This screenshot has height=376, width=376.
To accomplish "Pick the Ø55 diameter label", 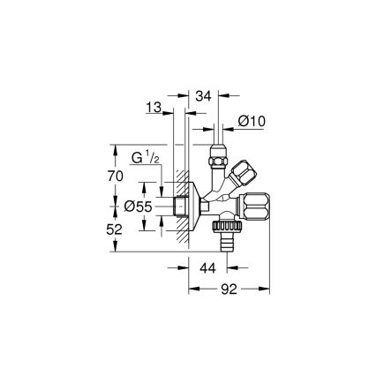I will point(138,207).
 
